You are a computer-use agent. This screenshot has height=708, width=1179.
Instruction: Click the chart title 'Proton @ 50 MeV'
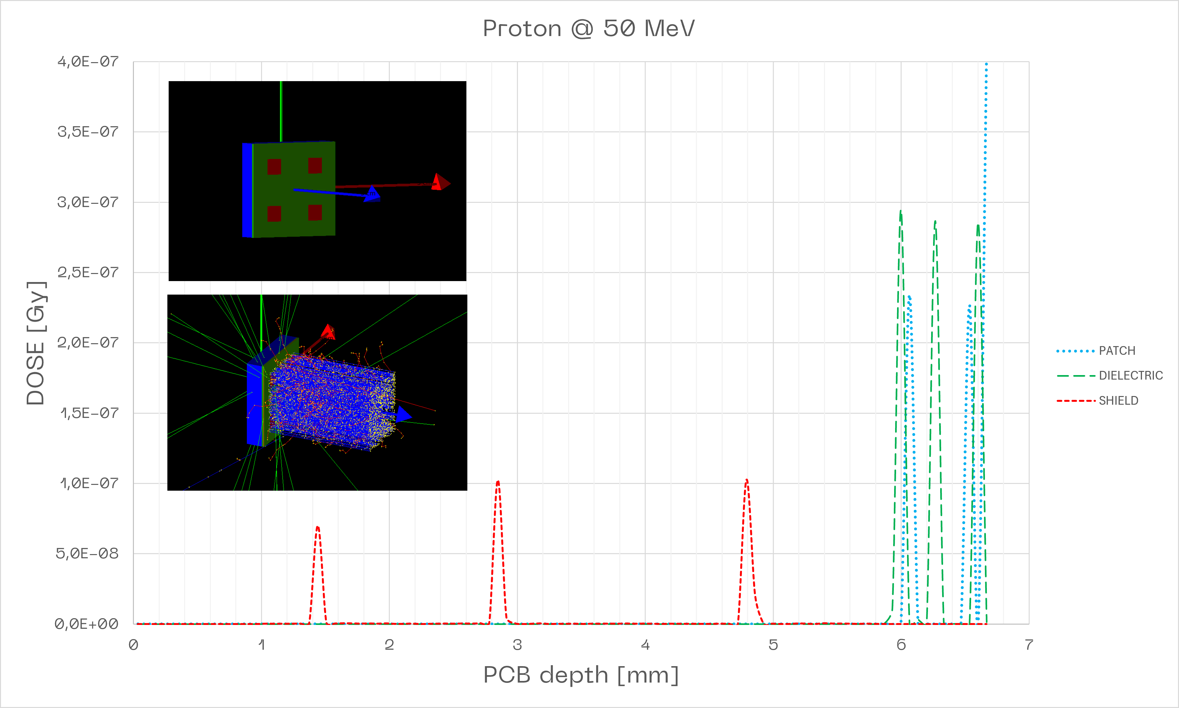pos(589,29)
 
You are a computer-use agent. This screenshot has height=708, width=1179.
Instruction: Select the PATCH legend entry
pos(1117,351)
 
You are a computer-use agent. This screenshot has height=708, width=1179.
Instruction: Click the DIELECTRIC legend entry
pos(1130,375)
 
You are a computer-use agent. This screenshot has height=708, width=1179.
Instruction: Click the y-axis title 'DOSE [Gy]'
pos(36,344)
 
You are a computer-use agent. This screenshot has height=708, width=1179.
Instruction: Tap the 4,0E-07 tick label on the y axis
pos(88,61)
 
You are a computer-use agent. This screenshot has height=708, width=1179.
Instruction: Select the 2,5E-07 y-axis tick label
pos(88,272)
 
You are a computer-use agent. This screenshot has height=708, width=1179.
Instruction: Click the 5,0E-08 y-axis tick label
pos(87,553)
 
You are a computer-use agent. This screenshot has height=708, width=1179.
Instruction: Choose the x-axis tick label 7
pos(1029,645)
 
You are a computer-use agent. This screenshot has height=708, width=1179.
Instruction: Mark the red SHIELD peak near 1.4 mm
pos(318,527)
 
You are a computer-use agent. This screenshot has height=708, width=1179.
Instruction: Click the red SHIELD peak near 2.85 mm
pos(498,482)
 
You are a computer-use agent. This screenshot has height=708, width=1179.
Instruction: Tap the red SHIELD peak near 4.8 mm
pos(746,480)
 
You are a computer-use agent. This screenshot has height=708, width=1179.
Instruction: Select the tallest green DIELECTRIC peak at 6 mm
pos(901,211)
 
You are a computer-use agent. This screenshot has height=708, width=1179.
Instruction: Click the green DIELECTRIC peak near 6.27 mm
pos(935,222)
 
